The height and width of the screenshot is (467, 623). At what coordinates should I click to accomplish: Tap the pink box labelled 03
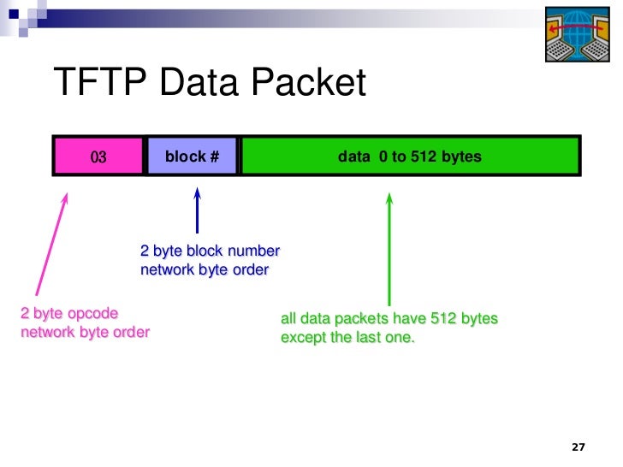[x=98, y=157]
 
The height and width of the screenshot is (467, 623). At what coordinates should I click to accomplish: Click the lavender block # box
[x=192, y=157]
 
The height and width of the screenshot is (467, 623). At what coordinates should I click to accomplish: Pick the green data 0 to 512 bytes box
[x=410, y=157]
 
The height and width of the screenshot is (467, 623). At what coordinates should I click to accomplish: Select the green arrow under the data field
[x=389, y=248]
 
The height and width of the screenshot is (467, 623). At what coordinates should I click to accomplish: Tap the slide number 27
[x=578, y=447]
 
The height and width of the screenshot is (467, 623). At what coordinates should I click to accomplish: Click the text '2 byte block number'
[x=210, y=251]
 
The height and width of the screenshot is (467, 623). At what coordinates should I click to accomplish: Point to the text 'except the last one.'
[x=347, y=337]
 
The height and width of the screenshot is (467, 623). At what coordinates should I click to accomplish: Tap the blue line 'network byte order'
[x=205, y=270]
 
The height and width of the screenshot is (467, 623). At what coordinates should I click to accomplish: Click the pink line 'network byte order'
[x=85, y=332]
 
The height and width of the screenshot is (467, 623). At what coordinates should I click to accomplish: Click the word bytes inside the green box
[x=462, y=157]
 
